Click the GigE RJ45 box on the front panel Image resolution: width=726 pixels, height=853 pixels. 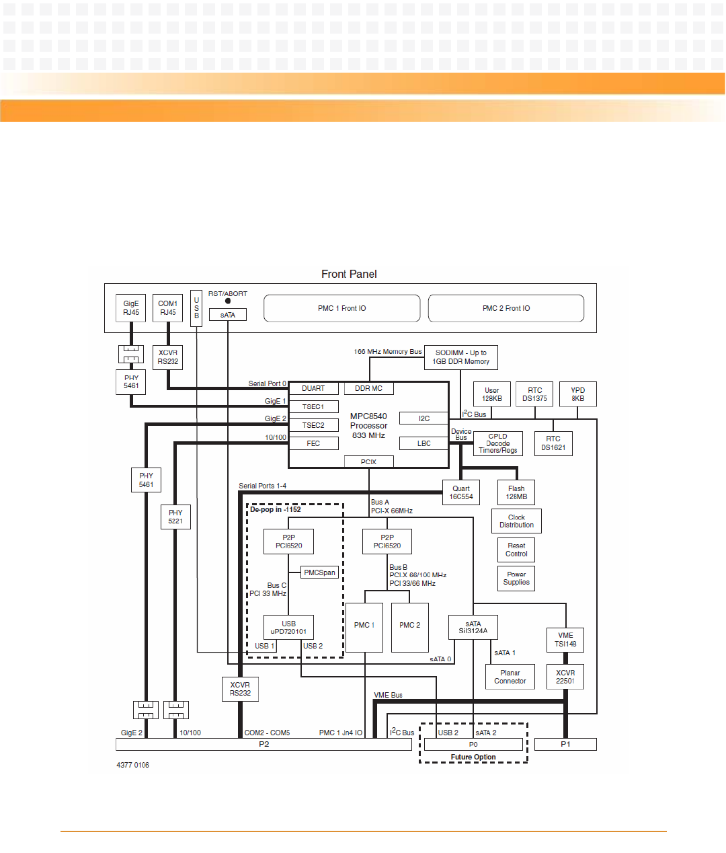[131, 308]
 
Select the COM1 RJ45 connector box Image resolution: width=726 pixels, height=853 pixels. [167, 308]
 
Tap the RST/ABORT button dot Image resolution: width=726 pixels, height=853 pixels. [228, 301]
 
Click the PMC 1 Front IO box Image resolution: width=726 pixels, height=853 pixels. [341, 308]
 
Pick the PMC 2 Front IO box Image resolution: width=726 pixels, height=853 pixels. [506, 308]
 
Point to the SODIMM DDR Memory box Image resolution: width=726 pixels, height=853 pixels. [460, 357]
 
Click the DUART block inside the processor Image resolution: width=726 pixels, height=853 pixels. [313, 389]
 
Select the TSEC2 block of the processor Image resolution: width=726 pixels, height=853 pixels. [313, 425]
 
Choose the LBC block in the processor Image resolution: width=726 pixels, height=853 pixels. [424, 443]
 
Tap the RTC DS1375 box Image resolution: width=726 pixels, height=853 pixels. [534, 394]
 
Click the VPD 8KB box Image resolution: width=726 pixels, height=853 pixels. [577, 394]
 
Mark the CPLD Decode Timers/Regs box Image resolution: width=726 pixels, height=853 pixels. [497, 443]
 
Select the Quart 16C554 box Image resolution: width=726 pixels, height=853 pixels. [461, 492]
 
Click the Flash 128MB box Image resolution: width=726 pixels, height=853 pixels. [516, 492]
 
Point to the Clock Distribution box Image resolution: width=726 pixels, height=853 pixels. [516, 521]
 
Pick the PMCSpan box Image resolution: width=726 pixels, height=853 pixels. [319, 572]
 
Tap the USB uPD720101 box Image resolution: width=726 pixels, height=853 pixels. [288, 628]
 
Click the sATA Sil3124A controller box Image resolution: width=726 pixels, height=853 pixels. [473, 628]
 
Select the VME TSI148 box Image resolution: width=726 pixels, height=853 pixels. [565, 640]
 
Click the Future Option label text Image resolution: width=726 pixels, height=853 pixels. [473, 757]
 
